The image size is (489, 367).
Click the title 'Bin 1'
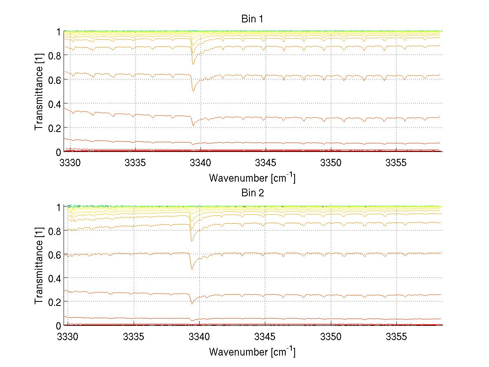tap(253, 19)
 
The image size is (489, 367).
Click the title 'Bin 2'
tap(253, 193)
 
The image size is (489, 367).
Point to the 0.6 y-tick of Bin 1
tap(54, 80)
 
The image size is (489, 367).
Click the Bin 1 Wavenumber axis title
tap(252, 178)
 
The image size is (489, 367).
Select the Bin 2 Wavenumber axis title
tap(252, 352)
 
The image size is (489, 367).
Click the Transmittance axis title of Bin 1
tap(39, 92)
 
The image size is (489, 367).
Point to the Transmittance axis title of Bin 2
tap(39, 266)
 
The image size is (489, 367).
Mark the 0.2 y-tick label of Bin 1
tap(54, 128)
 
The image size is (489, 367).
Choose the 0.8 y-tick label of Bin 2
tap(54, 231)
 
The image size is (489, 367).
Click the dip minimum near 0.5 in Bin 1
tap(193, 91)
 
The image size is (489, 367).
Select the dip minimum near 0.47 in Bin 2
tap(192, 269)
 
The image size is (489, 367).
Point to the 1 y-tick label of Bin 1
tap(59, 32)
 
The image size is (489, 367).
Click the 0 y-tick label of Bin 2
tap(59, 326)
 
